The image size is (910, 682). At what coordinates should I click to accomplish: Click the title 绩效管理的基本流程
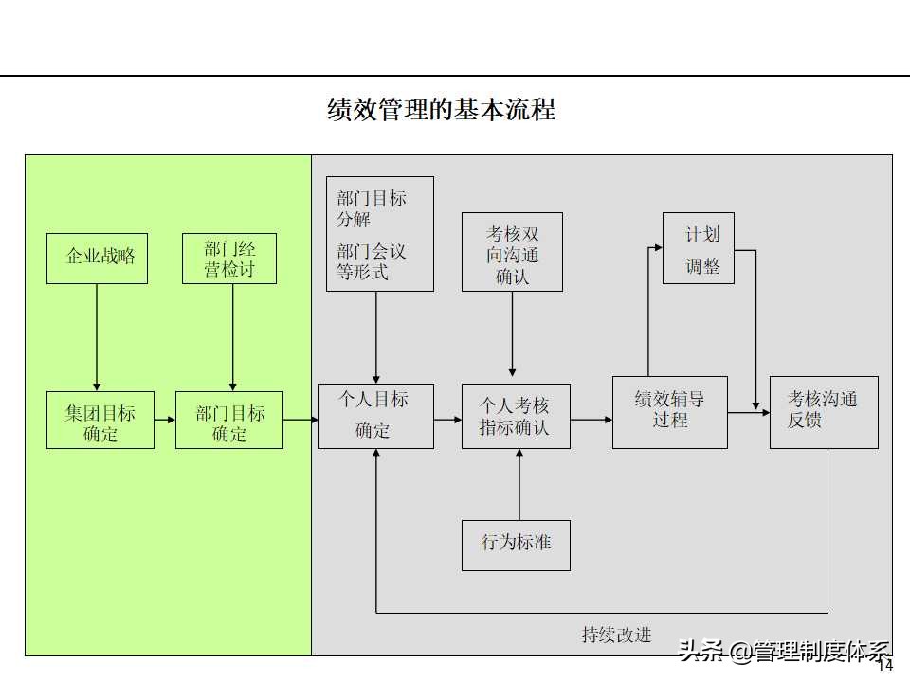441,109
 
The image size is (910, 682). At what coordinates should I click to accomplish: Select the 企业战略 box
98,257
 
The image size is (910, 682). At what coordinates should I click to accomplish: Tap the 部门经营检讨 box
229,259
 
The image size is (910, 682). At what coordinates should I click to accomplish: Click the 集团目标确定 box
100,421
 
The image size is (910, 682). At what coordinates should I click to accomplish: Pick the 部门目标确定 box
229,421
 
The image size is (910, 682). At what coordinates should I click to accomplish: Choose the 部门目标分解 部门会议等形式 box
379,234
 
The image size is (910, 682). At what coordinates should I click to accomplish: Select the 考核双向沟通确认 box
512,252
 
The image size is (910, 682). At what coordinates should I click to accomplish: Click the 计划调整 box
698,248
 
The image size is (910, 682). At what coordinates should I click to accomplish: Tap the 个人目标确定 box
375,416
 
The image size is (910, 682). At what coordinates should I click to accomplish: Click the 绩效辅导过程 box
669,412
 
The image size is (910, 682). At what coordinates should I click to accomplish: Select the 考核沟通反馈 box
823,412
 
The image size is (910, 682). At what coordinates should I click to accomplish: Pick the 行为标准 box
516,545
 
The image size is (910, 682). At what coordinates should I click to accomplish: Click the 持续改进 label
616,635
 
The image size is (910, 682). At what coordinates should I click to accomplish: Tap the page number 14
886,666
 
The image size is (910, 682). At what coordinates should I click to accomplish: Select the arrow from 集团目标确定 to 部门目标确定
165,420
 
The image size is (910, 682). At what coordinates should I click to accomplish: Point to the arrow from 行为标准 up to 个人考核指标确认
519,484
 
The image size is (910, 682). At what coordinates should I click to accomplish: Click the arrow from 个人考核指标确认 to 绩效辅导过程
591,419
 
